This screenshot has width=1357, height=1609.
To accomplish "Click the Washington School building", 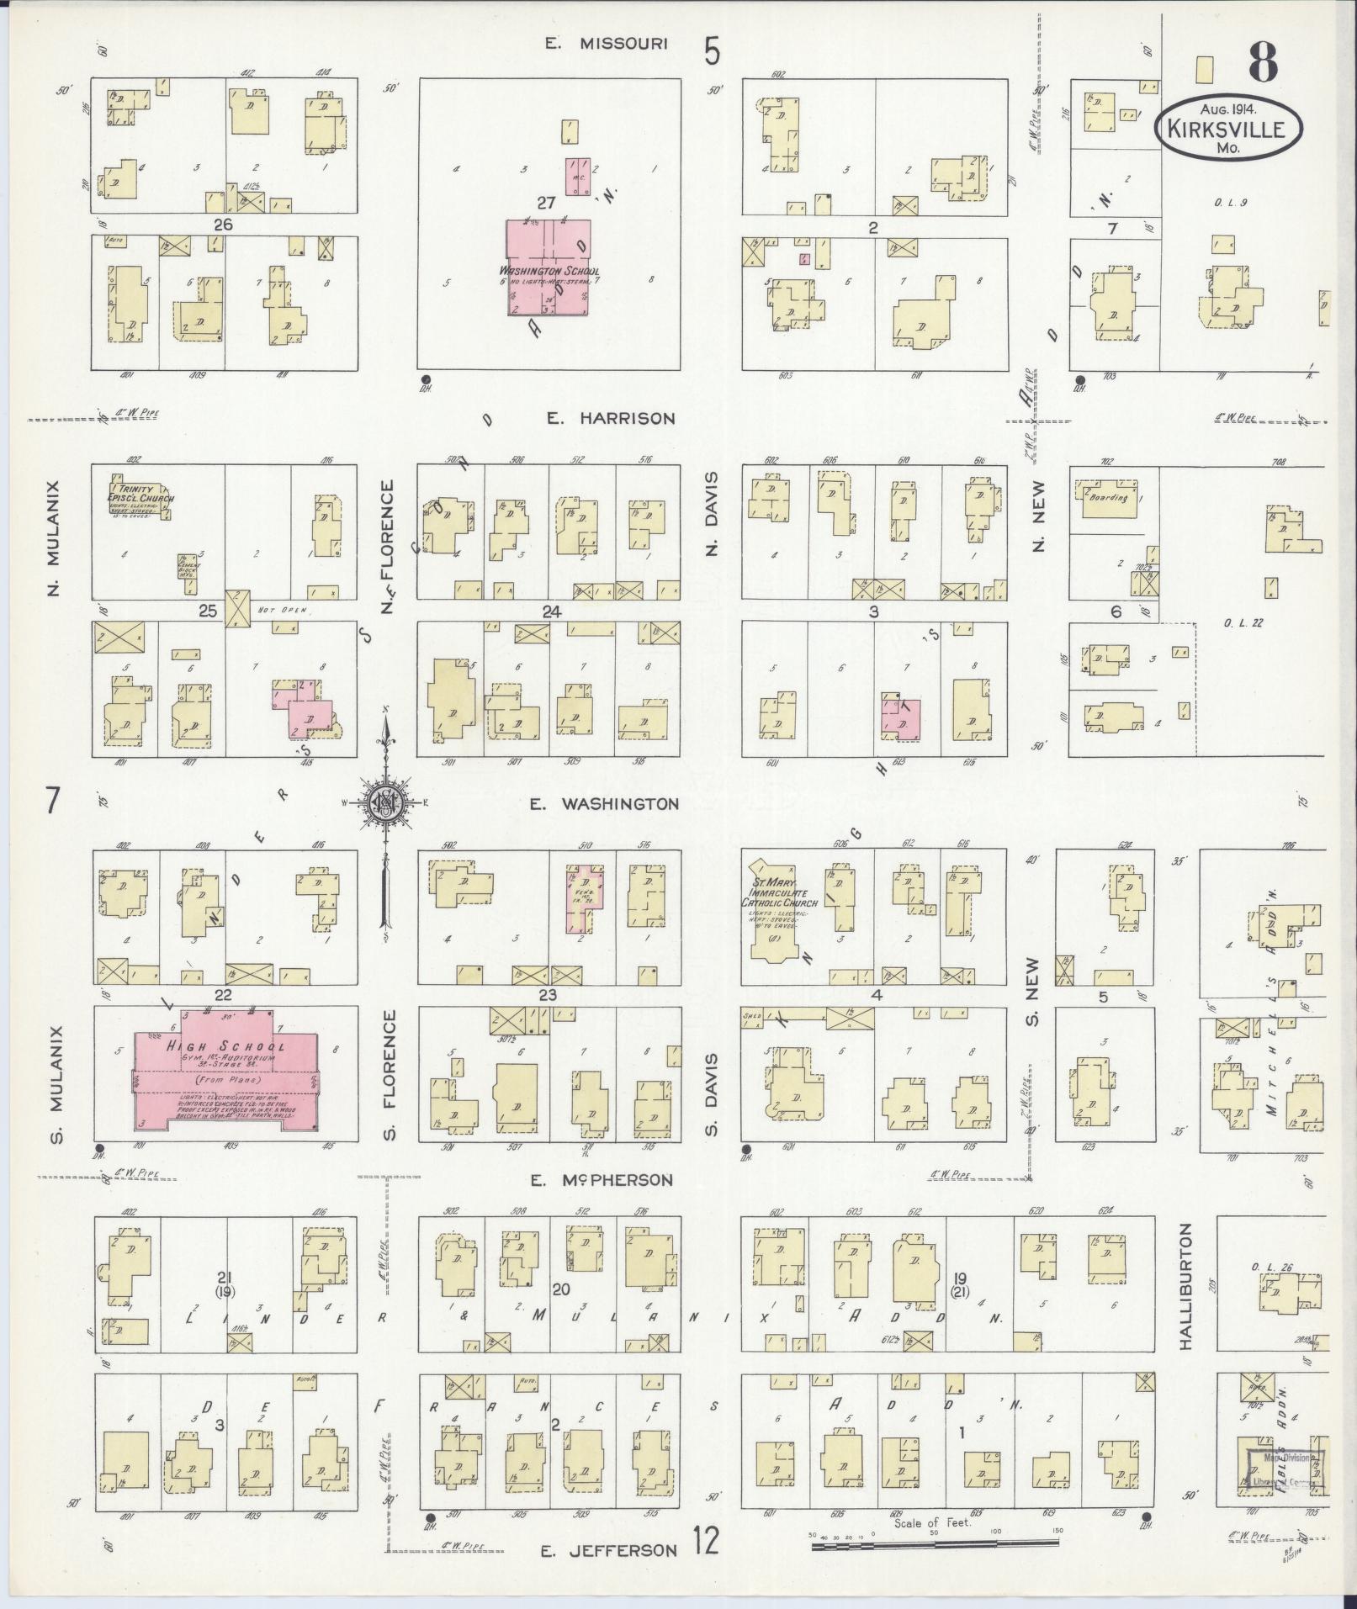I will pyautogui.click(x=548, y=267).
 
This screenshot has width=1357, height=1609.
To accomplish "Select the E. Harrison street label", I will pyautogui.click(x=611, y=418).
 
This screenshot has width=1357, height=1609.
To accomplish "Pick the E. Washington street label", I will pyautogui.click(x=603, y=804).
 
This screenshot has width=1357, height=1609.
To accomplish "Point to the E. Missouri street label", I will pyautogui.click(x=606, y=44).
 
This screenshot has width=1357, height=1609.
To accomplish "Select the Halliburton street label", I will pyautogui.click(x=1186, y=1287).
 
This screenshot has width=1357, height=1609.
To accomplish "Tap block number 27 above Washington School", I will pyautogui.click(x=547, y=202).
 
